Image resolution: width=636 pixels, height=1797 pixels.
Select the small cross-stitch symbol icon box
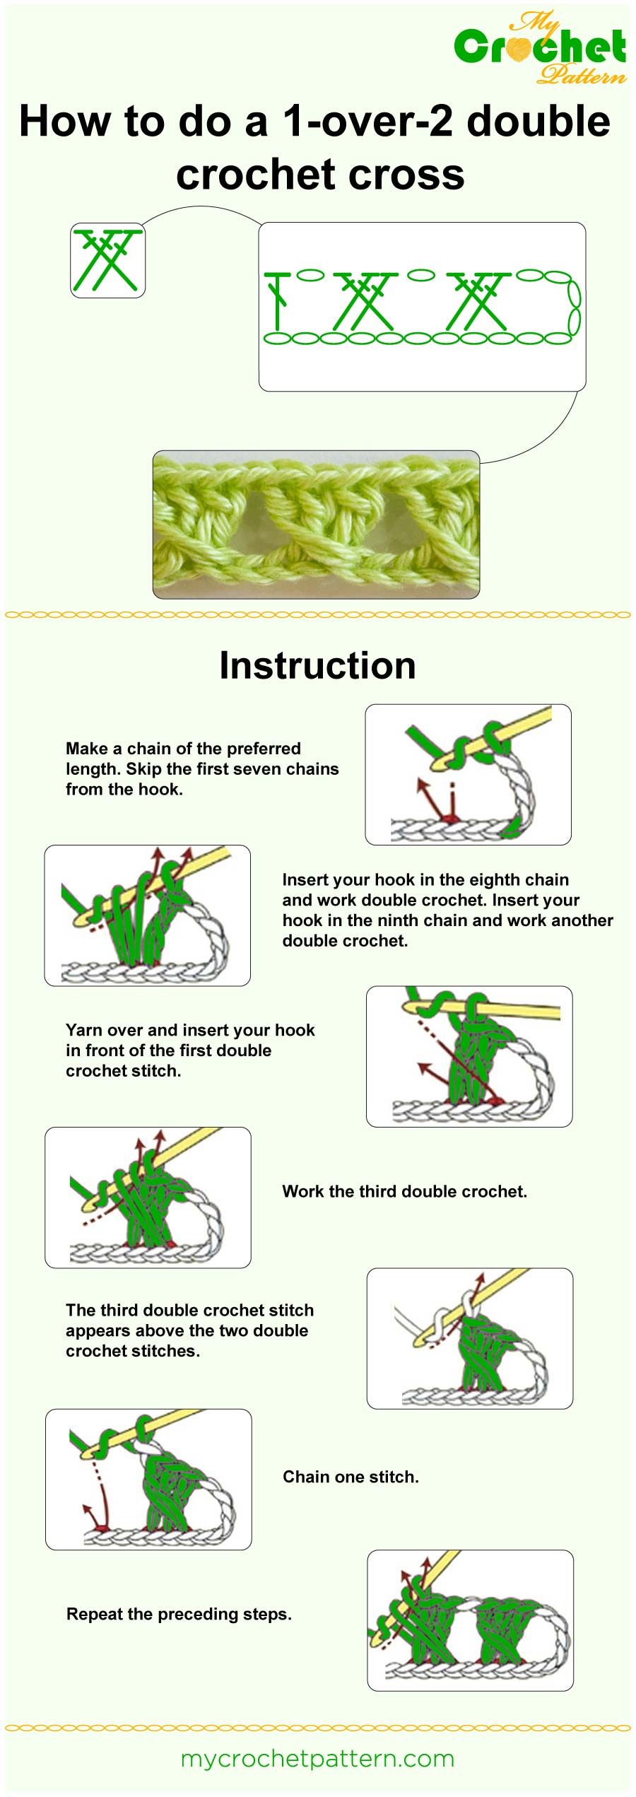click(107, 259)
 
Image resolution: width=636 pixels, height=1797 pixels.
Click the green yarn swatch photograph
click(316, 524)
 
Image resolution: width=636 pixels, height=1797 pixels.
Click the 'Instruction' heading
click(317, 665)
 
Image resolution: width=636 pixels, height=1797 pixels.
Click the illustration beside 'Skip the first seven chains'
click(468, 774)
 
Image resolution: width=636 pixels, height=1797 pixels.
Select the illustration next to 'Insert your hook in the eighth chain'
click(147, 915)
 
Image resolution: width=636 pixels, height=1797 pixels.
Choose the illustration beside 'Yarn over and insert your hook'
click(469, 1056)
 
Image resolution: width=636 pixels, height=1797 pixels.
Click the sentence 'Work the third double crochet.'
click(404, 1191)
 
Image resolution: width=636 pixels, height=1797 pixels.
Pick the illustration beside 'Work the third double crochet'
click(148, 1197)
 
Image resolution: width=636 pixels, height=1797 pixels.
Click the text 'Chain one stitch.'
click(351, 1477)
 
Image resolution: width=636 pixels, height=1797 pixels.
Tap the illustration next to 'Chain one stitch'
click(148, 1479)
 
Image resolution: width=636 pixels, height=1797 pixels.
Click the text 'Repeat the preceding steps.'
click(179, 1614)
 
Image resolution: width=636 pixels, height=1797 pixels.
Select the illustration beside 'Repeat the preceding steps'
click(470, 1620)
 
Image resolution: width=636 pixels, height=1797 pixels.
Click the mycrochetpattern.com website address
click(317, 1758)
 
